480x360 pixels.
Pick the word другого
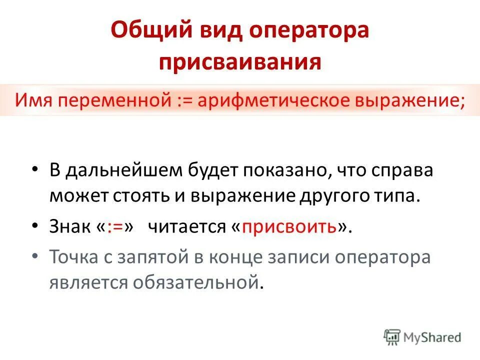[x=327, y=195]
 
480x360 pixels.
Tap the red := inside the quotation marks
[x=115, y=227]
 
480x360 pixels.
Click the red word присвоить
[x=289, y=227]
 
